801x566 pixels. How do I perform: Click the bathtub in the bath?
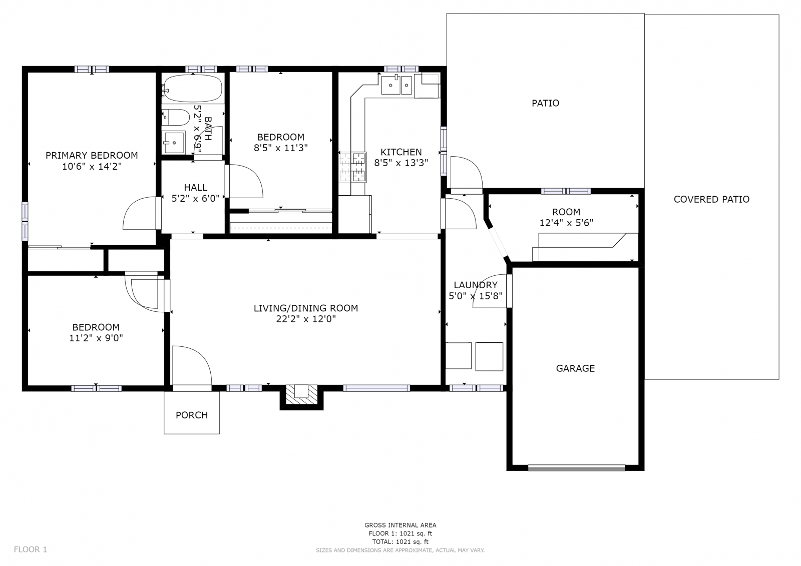click(192, 88)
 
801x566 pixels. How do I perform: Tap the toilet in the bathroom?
click(176, 117)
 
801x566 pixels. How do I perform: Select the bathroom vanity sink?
click(173, 142)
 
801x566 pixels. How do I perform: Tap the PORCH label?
click(192, 415)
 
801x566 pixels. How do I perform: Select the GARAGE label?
click(575, 368)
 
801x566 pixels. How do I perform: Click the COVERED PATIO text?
click(711, 199)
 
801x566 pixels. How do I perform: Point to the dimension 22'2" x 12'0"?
click(306, 319)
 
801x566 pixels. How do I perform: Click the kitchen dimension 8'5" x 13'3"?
click(401, 163)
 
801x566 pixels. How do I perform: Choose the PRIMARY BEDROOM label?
click(92, 155)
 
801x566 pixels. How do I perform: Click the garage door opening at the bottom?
click(576, 468)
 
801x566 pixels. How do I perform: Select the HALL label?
click(196, 187)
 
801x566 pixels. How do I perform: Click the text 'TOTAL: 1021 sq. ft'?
click(400, 541)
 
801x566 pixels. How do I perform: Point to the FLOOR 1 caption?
click(31, 549)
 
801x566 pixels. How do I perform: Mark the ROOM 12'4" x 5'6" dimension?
click(566, 223)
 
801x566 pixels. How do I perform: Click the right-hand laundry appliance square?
click(489, 356)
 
